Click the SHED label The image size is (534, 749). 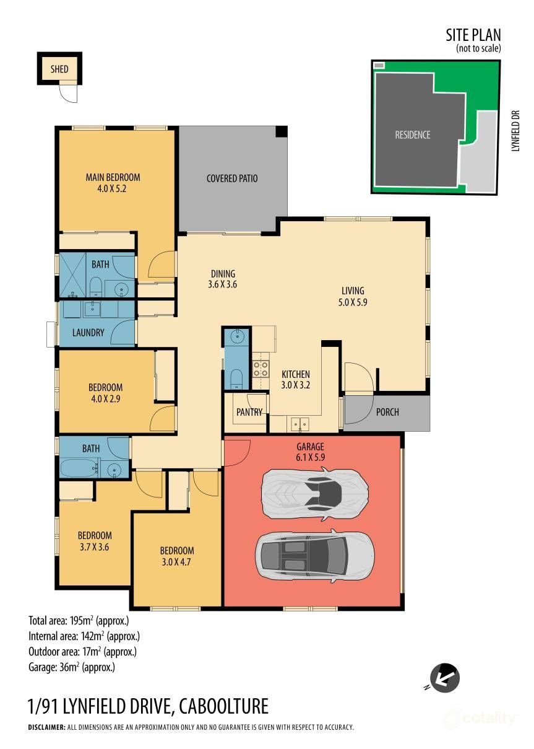[59, 69]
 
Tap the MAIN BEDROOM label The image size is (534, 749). [113, 177]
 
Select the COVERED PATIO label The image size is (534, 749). [232, 178]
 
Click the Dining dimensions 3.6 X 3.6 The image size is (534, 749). [223, 285]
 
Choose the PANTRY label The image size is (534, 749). [249, 412]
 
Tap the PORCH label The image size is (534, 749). [388, 412]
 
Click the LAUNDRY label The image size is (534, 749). [88, 333]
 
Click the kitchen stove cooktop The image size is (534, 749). [260, 369]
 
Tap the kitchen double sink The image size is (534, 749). [300, 424]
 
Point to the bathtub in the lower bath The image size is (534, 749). [77, 466]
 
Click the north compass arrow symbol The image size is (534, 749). [444, 677]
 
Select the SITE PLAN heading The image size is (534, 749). [473, 35]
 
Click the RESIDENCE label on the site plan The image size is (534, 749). [413, 134]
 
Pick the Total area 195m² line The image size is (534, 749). [79, 620]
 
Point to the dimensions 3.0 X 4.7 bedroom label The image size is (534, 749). [177, 562]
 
